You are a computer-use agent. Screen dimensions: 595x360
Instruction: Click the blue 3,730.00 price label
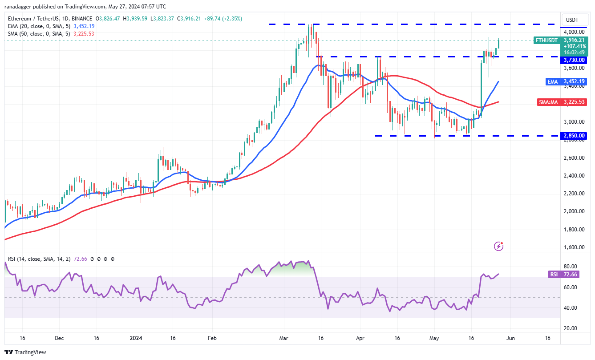pyautogui.click(x=574, y=60)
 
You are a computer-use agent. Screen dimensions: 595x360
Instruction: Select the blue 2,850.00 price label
pyautogui.click(x=574, y=135)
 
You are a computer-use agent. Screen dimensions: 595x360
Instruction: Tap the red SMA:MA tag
pyautogui.click(x=548, y=102)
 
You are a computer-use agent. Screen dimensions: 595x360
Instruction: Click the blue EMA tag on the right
pyautogui.click(x=553, y=81)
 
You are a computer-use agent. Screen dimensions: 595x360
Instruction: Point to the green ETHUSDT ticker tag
pyautogui.click(x=546, y=40)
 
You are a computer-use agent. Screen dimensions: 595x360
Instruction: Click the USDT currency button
pyautogui.click(x=572, y=20)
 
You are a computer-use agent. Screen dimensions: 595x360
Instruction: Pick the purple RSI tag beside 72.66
pyautogui.click(x=554, y=275)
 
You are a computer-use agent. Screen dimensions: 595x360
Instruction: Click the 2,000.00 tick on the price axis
pyautogui.click(x=574, y=211)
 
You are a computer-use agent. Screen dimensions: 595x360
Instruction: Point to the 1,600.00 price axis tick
pyautogui.click(x=574, y=247)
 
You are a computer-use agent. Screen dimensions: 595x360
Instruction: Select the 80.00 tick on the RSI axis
pyautogui.click(x=570, y=266)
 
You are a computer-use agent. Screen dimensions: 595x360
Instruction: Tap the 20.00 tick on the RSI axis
pyautogui.click(x=570, y=328)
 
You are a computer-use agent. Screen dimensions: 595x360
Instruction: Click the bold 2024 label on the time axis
pyautogui.click(x=136, y=338)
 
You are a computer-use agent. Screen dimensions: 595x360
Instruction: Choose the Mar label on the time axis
pyautogui.click(x=283, y=338)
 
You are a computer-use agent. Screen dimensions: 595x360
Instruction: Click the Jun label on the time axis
pyautogui.click(x=510, y=338)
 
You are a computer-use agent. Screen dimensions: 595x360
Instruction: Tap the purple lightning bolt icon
pyautogui.click(x=498, y=246)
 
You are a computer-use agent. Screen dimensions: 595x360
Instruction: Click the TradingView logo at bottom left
pyautogui.click(x=25, y=352)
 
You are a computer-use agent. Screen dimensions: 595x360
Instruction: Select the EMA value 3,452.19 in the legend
pyautogui.click(x=84, y=26)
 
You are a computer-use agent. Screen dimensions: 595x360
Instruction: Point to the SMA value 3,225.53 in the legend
pyautogui.click(x=84, y=34)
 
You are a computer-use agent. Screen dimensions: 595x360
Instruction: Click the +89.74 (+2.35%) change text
pyautogui.click(x=223, y=19)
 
